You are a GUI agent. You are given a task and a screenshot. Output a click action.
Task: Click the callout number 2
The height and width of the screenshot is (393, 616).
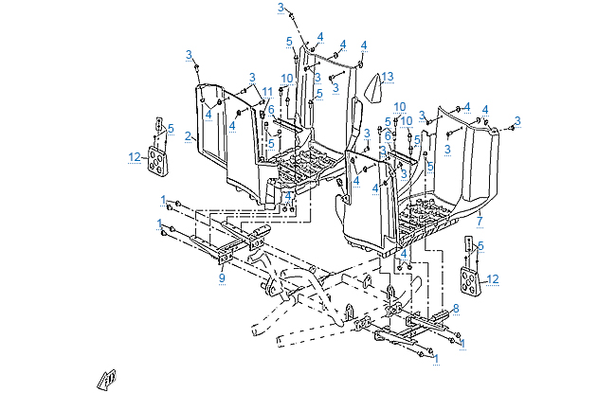tap(189, 137)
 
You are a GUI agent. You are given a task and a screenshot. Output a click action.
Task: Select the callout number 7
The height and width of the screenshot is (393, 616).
tap(480, 222)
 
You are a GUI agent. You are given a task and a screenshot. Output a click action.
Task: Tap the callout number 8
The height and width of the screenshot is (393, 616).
tap(456, 308)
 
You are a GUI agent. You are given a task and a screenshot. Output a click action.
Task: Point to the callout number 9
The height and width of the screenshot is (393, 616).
tap(222, 277)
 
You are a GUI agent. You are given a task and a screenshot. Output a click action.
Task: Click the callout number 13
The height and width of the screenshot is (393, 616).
tap(388, 75)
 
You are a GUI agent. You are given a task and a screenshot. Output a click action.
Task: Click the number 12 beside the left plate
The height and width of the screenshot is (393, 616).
tap(134, 156)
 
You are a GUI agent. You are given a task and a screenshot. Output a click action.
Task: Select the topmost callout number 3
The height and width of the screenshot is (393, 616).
tap(281, 7)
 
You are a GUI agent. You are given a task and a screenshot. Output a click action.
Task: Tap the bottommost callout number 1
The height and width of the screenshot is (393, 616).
tap(434, 360)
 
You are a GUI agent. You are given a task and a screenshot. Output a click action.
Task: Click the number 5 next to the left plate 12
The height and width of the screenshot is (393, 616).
tap(171, 128)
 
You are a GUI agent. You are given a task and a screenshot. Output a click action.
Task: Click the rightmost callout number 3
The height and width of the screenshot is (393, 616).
tap(518, 120)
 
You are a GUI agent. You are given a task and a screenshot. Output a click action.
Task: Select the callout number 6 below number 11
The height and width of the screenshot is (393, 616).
tap(271, 110)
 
